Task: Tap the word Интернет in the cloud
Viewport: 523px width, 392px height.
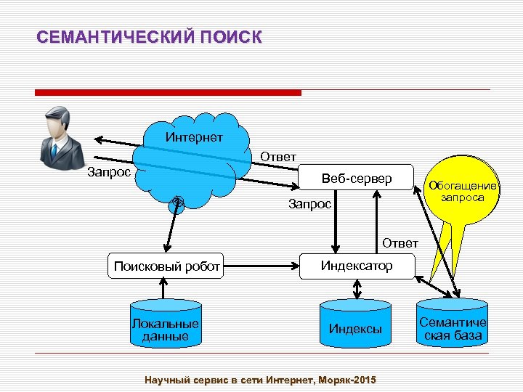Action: point(194,136)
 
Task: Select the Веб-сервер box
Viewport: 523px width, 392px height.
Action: point(357,179)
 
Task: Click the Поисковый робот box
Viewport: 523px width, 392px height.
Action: point(167,266)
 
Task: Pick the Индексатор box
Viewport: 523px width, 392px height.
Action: point(357,266)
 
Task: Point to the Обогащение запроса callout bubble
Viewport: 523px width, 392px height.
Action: point(463,191)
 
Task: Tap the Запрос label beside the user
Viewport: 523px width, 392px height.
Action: point(108,172)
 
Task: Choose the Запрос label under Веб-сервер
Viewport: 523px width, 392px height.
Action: point(309,204)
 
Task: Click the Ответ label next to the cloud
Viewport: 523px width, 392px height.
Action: point(278,157)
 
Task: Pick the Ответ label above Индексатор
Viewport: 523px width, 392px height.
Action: point(400,242)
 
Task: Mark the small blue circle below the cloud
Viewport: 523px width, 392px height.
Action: point(177,204)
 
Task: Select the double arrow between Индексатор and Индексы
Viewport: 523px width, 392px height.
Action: point(357,289)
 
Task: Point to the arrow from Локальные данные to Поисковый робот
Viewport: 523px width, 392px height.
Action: point(166,288)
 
